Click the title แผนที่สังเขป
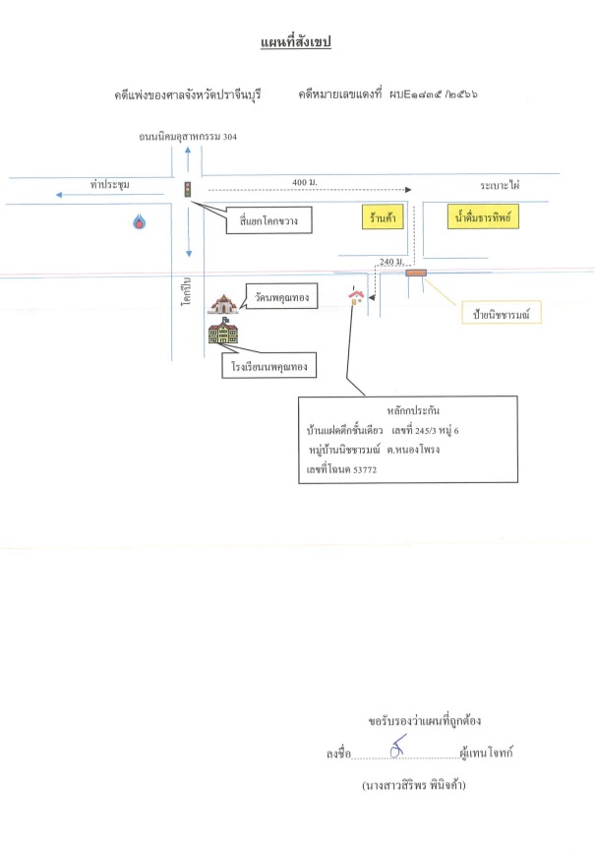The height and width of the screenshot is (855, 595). pos(296,42)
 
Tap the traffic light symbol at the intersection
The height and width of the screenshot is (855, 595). pos(188,189)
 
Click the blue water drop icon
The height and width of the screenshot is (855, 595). pos(140,221)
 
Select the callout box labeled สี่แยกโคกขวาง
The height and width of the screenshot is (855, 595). pos(269,220)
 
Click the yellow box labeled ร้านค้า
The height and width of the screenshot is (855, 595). pos(383,217)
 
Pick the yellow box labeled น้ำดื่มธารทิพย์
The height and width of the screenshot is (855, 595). pos(483,216)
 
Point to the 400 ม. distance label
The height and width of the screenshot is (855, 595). pos(305,182)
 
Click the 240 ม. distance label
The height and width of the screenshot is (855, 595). pos(391,262)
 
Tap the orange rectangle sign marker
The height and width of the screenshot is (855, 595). pos(416,273)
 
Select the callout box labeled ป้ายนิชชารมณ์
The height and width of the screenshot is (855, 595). pos(502,313)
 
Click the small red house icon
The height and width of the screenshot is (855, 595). pos(356,295)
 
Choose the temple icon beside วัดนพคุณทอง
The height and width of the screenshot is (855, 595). pos(224,304)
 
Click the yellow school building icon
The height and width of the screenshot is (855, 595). pos(223,331)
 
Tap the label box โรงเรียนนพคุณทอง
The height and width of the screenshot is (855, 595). pos(269,366)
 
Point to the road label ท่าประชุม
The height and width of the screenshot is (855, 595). pos(110,184)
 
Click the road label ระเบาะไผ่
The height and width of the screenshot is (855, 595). pos(500,185)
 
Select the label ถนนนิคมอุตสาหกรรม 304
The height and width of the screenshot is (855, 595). pos(188,137)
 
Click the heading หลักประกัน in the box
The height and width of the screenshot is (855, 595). pos(413,410)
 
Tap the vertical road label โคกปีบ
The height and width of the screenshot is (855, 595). pos(187,291)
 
